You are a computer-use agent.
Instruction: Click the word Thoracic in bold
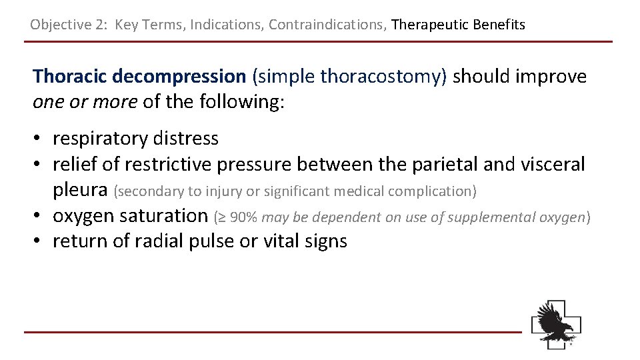point(70,77)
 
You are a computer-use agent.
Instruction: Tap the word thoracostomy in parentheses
point(381,77)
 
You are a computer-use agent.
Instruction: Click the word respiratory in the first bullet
point(101,139)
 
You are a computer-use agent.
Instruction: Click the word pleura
point(80,191)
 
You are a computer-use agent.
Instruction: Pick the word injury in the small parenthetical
point(224,192)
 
